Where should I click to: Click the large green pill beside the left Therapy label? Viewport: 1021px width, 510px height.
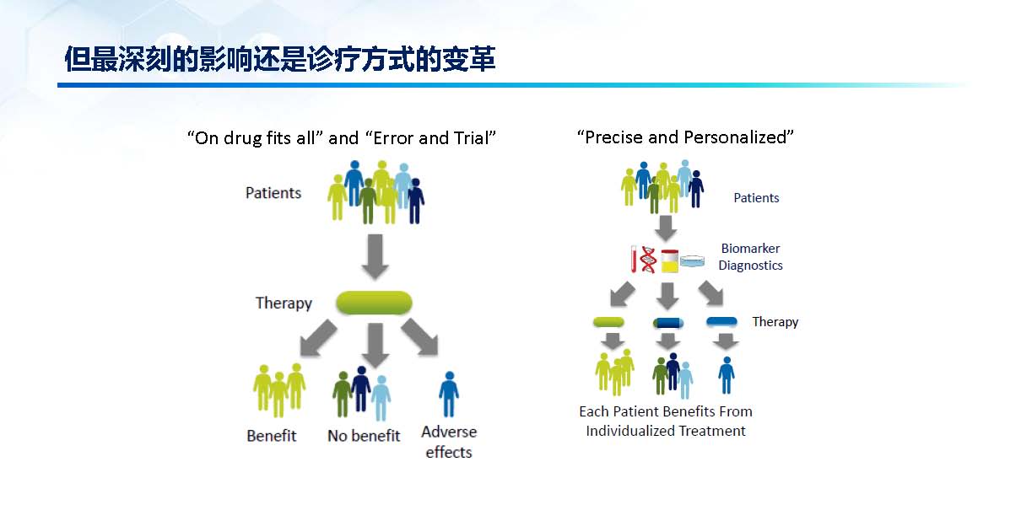[374, 303]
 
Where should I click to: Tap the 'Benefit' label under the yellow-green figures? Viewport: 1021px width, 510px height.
[272, 436]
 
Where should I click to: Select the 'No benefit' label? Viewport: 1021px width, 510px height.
[364, 436]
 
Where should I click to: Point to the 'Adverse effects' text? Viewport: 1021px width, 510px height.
[449, 442]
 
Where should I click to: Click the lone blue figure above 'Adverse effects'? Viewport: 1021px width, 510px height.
[449, 395]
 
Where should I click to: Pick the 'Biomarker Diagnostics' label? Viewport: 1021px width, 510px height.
[750, 257]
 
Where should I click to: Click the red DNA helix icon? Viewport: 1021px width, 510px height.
[648, 260]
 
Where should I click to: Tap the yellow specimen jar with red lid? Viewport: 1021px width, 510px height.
[670, 261]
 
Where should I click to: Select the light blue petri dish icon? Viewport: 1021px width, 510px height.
[692, 261]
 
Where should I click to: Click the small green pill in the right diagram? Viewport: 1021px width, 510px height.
[608, 322]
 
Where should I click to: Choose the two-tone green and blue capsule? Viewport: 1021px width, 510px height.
[668, 323]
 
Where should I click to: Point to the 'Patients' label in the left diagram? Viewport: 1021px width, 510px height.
[273, 193]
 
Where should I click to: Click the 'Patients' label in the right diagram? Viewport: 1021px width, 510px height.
[756, 198]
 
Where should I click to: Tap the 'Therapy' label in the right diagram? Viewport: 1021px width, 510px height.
[775, 322]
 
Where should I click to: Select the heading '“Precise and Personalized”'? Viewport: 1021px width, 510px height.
[685, 137]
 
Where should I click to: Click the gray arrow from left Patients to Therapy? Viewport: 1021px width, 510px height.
[375, 256]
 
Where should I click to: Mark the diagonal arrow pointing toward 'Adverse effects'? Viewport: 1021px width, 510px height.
[420, 337]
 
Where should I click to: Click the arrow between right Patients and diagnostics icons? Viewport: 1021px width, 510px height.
[666, 228]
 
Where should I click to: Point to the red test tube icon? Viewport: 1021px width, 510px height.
[634, 259]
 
